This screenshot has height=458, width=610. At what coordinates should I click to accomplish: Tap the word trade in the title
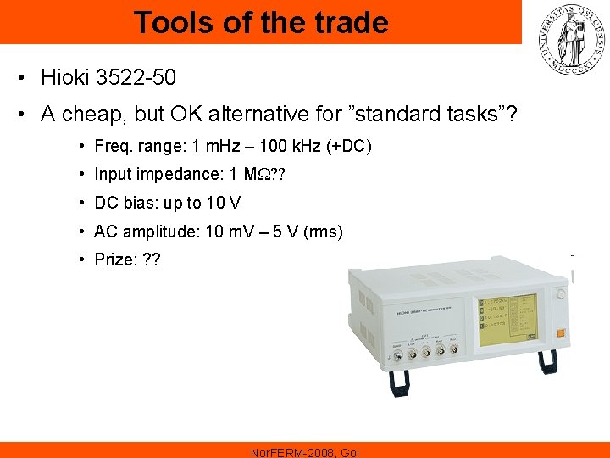coord(346,22)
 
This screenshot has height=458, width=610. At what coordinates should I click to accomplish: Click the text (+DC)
coord(349,147)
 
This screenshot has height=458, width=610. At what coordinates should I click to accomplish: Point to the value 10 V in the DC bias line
coord(224,203)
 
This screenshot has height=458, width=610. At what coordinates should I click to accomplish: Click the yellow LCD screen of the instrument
coord(507,320)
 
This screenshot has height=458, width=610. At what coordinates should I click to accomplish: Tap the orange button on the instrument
coord(560,332)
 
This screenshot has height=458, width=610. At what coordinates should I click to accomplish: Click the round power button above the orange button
coord(562,294)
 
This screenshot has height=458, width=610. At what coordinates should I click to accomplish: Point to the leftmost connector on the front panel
coord(397,355)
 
